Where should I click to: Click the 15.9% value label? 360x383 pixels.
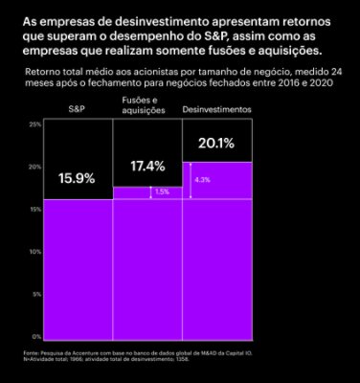[77, 177]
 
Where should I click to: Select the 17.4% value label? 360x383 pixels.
[147, 166]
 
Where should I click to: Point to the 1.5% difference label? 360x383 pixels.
[161, 192]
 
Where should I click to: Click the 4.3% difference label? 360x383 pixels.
[202, 179]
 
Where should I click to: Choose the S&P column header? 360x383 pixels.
[77, 111]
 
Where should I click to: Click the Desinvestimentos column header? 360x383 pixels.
[216, 111]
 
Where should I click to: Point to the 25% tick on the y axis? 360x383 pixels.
[34, 124]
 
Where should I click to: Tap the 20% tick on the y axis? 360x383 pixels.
[34, 167]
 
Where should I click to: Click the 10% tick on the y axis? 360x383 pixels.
[34, 252]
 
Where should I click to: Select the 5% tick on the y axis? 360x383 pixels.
[35, 294]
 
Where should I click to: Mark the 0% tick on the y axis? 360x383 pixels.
[35, 336]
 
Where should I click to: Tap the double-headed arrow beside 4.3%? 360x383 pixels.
[190, 180]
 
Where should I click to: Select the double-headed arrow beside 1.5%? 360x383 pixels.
[148, 192]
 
